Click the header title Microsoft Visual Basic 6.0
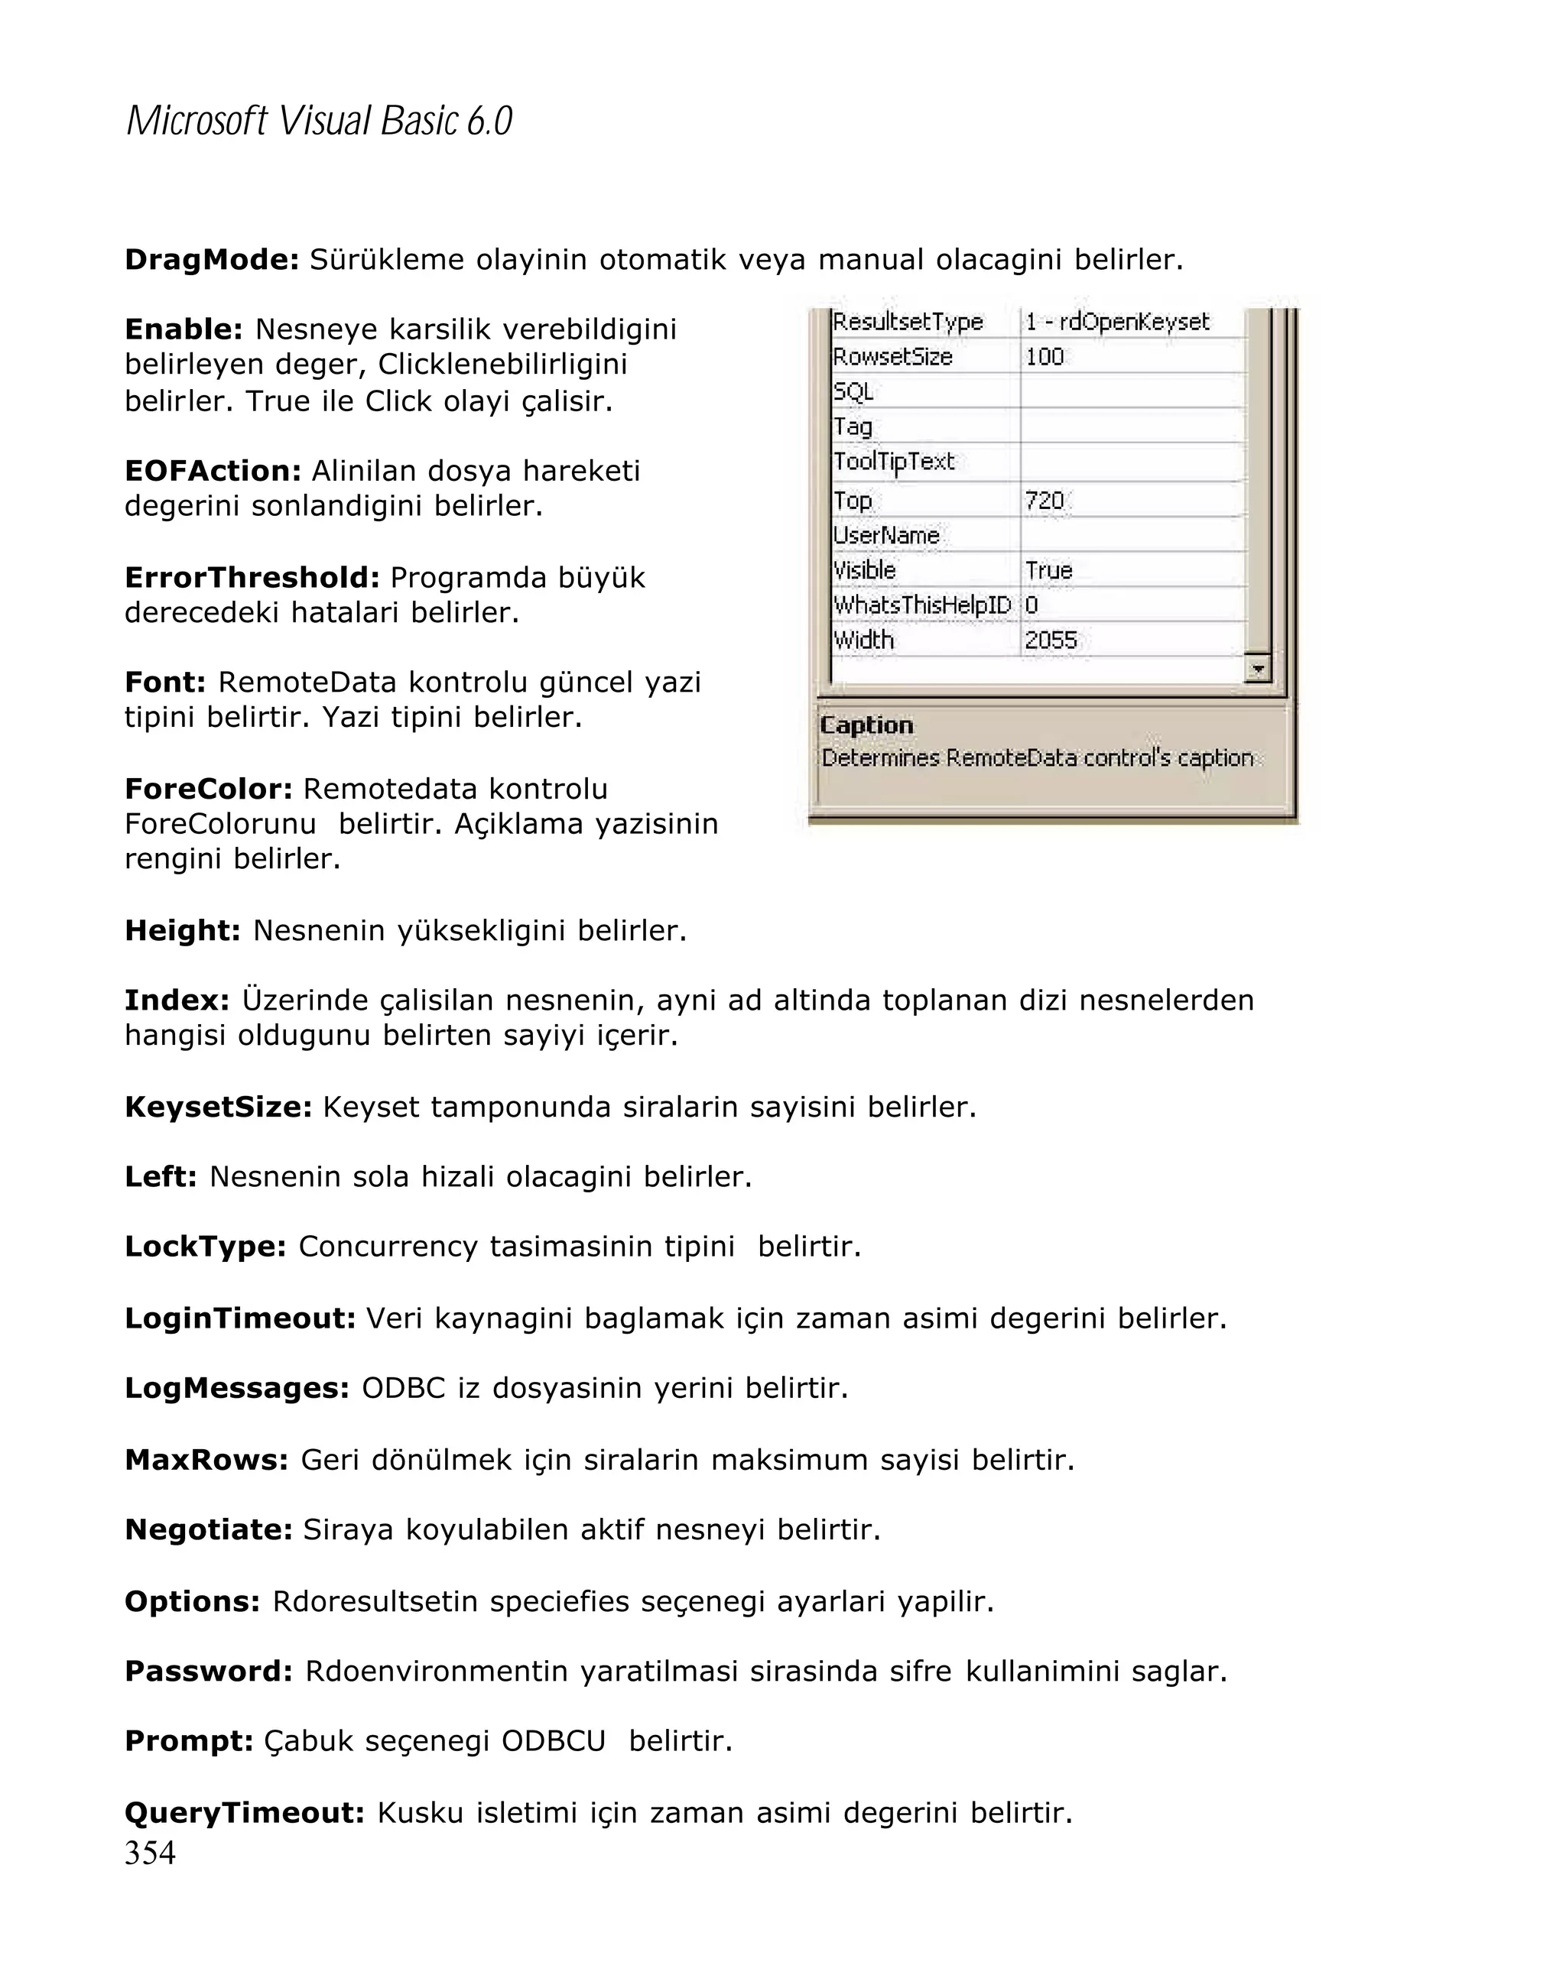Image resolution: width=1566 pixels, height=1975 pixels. point(319,121)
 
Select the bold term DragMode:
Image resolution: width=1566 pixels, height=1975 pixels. point(212,260)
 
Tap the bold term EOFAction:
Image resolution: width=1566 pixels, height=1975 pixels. point(213,471)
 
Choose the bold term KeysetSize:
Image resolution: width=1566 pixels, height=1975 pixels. point(218,1107)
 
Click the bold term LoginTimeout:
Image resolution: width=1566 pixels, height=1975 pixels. point(240,1318)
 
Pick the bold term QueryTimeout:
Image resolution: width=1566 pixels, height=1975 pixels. point(245,1812)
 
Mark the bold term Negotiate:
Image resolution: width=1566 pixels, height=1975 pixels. point(208,1530)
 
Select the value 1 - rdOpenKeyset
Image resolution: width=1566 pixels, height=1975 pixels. point(1117,323)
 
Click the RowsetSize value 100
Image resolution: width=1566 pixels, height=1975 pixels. point(1045,357)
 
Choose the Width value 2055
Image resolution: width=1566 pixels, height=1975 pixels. point(1050,640)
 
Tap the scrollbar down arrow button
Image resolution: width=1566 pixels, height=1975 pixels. point(1258,669)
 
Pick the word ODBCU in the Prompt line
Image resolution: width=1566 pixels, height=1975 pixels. point(554,1740)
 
